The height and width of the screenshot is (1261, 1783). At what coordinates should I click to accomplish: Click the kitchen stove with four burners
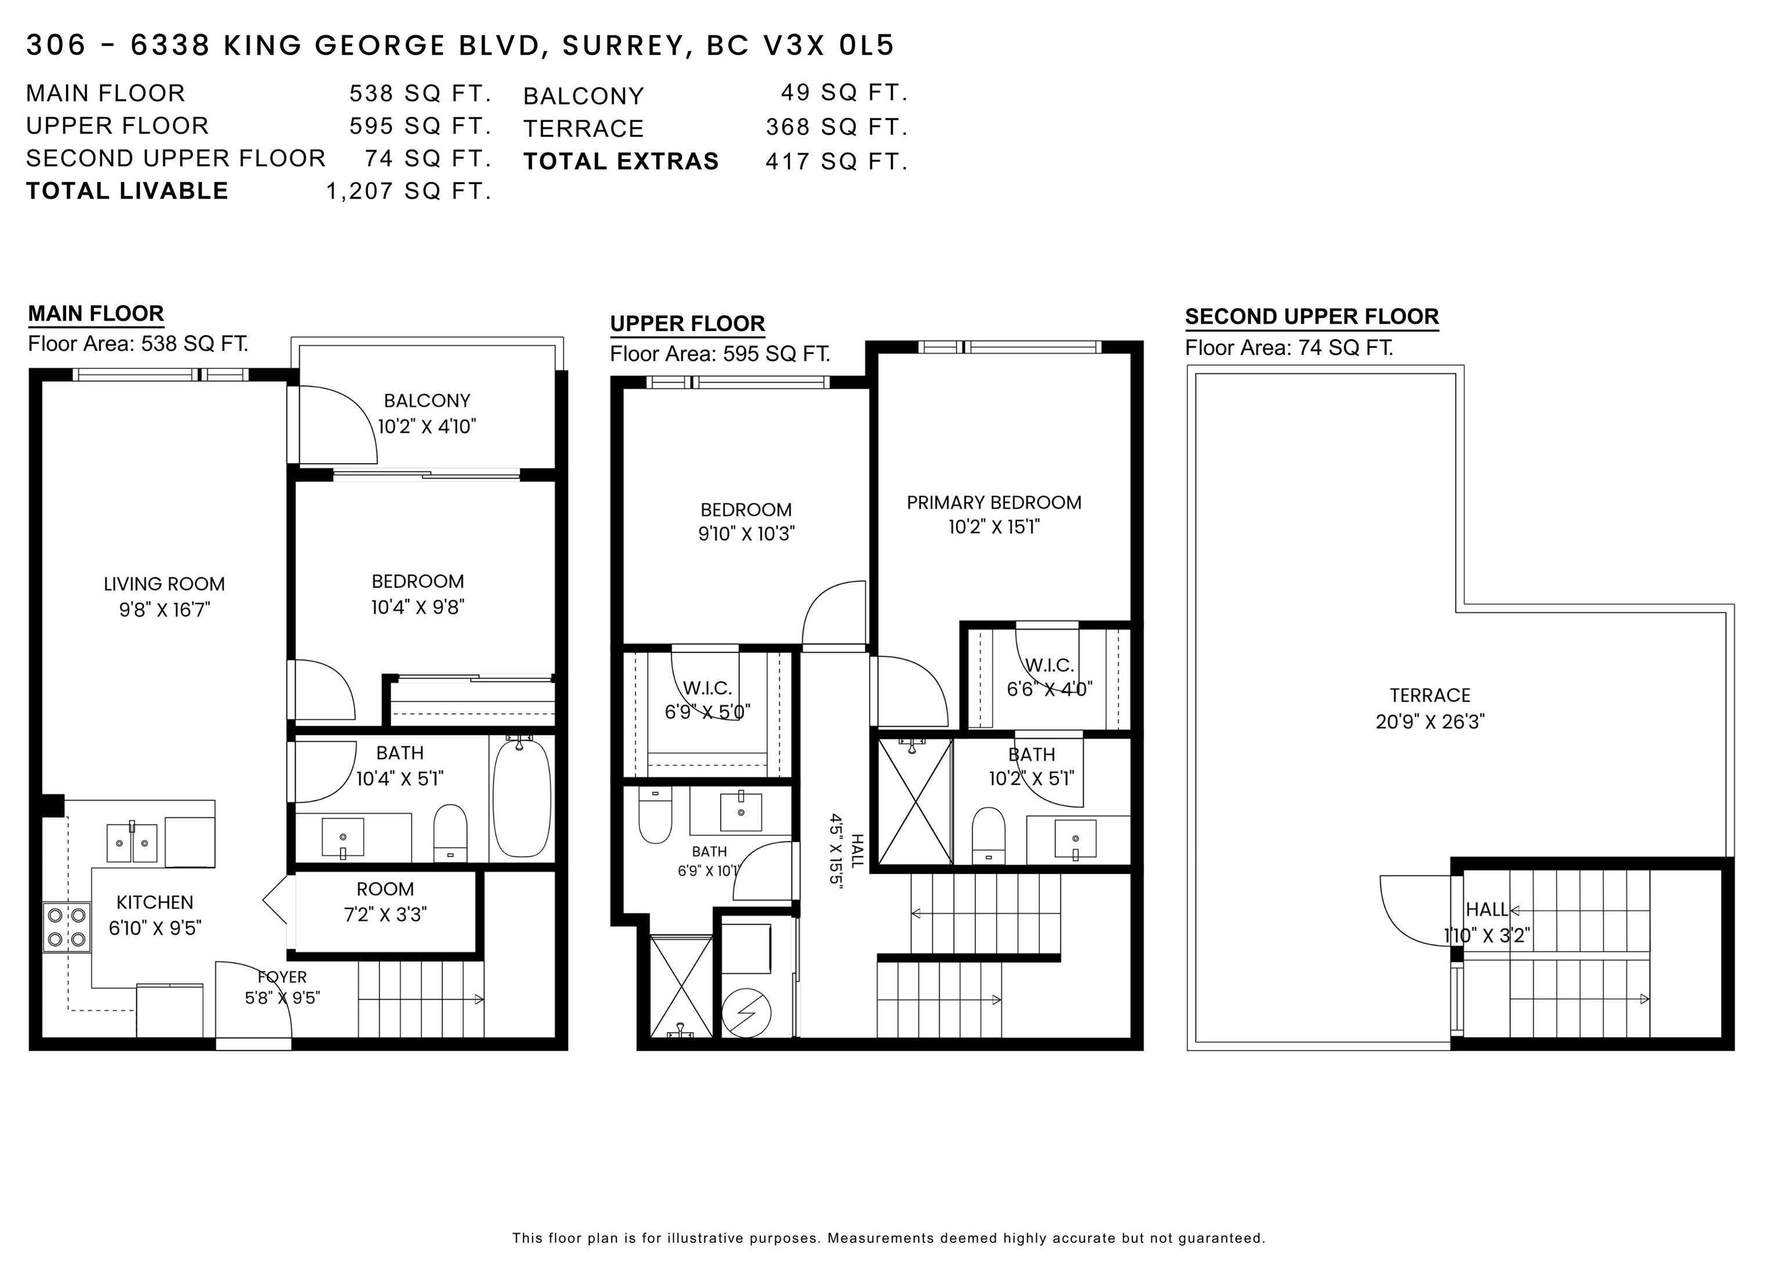click(67, 927)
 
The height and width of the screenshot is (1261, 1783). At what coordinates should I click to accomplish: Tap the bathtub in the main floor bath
click(521, 799)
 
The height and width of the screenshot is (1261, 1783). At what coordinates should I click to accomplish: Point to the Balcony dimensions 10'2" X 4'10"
click(427, 426)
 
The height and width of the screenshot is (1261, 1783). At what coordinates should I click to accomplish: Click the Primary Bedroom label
click(994, 502)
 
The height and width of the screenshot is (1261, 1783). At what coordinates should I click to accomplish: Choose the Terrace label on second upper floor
click(1430, 695)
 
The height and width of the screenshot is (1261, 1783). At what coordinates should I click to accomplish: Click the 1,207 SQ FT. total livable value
click(409, 191)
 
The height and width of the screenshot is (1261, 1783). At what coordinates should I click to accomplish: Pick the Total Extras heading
click(621, 161)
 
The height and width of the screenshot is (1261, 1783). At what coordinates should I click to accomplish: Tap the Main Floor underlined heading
click(96, 314)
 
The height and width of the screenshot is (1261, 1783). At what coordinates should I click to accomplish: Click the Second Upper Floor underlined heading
click(1312, 317)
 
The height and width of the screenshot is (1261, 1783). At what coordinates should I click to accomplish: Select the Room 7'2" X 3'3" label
click(385, 901)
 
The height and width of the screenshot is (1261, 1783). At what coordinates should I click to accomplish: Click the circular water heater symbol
click(746, 1013)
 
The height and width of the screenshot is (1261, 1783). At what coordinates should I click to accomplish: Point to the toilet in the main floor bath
click(450, 834)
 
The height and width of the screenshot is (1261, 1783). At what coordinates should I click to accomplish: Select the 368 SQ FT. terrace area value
click(836, 127)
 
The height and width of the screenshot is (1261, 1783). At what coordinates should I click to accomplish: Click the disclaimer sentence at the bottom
click(889, 1238)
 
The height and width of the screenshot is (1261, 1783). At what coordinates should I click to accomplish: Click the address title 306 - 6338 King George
click(460, 45)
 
